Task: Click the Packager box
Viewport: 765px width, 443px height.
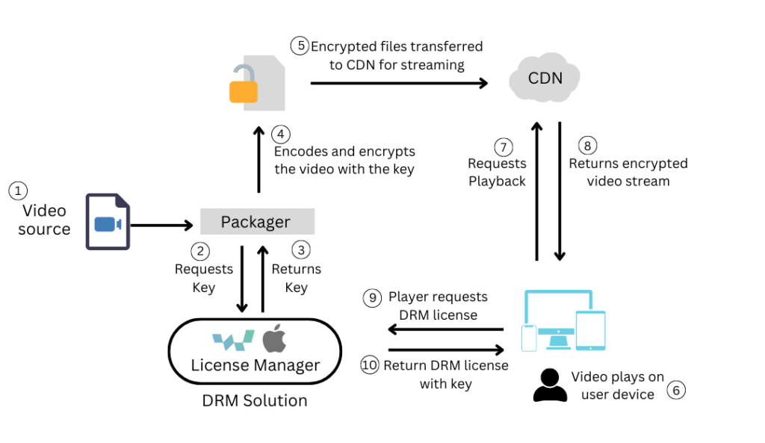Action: [x=256, y=222]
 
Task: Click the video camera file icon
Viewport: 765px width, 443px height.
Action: [x=108, y=221]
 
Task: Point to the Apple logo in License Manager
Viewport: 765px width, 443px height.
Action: [x=273, y=340]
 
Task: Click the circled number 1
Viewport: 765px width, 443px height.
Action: [x=17, y=191]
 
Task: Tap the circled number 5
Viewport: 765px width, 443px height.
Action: [x=300, y=46]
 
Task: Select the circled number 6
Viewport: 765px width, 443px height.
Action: [x=675, y=390]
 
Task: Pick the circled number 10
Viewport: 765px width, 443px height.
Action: [x=370, y=365]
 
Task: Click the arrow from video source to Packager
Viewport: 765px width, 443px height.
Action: [x=161, y=223]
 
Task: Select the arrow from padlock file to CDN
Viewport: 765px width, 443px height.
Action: [x=398, y=83]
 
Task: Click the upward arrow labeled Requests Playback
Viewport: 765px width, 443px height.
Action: [x=536, y=190]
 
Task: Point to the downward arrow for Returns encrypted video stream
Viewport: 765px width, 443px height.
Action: [x=560, y=190]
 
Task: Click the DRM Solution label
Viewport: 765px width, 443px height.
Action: [x=255, y=400]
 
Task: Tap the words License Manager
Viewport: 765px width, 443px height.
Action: [x=255, y=365]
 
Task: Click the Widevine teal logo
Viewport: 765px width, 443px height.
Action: [x=233, y=341]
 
